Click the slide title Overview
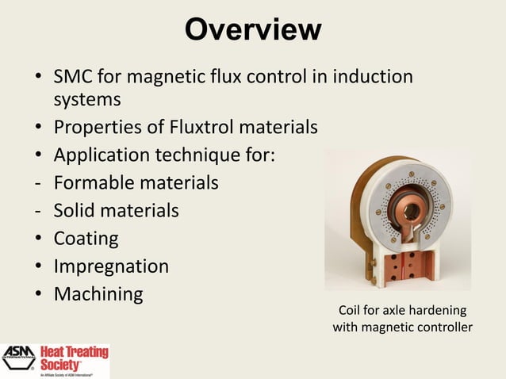coord(253,30)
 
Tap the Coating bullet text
coord(86,239)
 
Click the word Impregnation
coord(111,266)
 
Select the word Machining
coord(98,294)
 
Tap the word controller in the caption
coord(443,327)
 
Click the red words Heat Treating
coord(79,351)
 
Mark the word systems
coord(87,101)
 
